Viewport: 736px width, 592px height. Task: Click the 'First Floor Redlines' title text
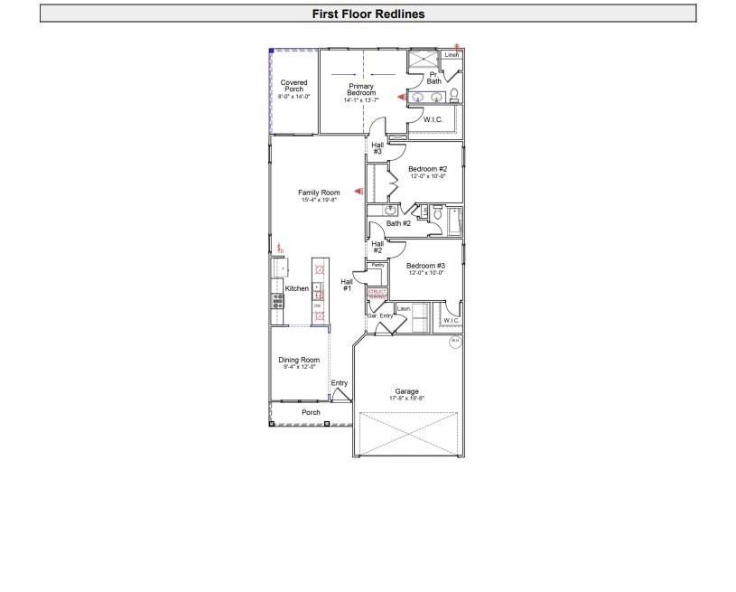click(x=368, y=14)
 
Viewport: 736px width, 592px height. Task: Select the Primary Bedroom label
click(x=361, y=90)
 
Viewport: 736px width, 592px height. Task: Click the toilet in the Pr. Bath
click(x=454, y=95)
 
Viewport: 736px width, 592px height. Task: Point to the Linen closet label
click(x=452, y=55)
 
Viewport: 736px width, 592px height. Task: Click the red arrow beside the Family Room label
click(x=359, y=192)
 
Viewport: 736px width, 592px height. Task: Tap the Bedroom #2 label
click(x=427, y=169)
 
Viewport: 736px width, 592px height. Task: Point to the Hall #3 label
click(x=377, y=148)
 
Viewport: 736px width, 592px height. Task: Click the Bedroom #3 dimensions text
click(x=426, y=273)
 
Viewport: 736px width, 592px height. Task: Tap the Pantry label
click(x=377, y=265)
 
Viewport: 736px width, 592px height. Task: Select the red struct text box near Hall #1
click(x=376, y=294)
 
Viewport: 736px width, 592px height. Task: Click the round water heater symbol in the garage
click(x=455, y=341)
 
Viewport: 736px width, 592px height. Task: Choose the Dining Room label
click(x=299, y=361)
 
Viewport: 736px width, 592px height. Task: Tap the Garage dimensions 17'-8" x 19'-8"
click(x=406, y=399)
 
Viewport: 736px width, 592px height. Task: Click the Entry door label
click(x=339, y=383)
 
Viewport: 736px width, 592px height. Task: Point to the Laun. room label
click(x=404, y=309)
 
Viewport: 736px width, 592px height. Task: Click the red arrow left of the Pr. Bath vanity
click(x=402, y=95)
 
